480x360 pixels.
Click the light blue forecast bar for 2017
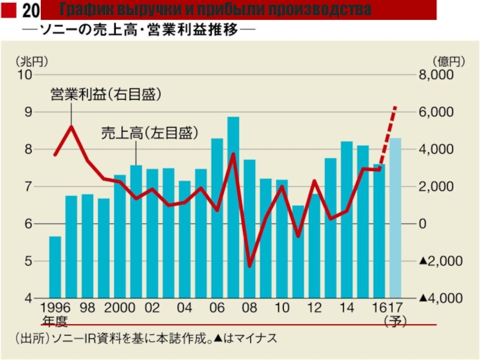pos(395,218)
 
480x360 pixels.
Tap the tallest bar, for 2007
pos(233,207)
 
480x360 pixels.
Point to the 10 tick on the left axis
pos(25,75)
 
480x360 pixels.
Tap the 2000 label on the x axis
pos(119,308)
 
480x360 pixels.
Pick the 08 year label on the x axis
pos(250,308)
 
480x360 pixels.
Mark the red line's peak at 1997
pos(71,127)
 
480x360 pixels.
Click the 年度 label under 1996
pos(55,321)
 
